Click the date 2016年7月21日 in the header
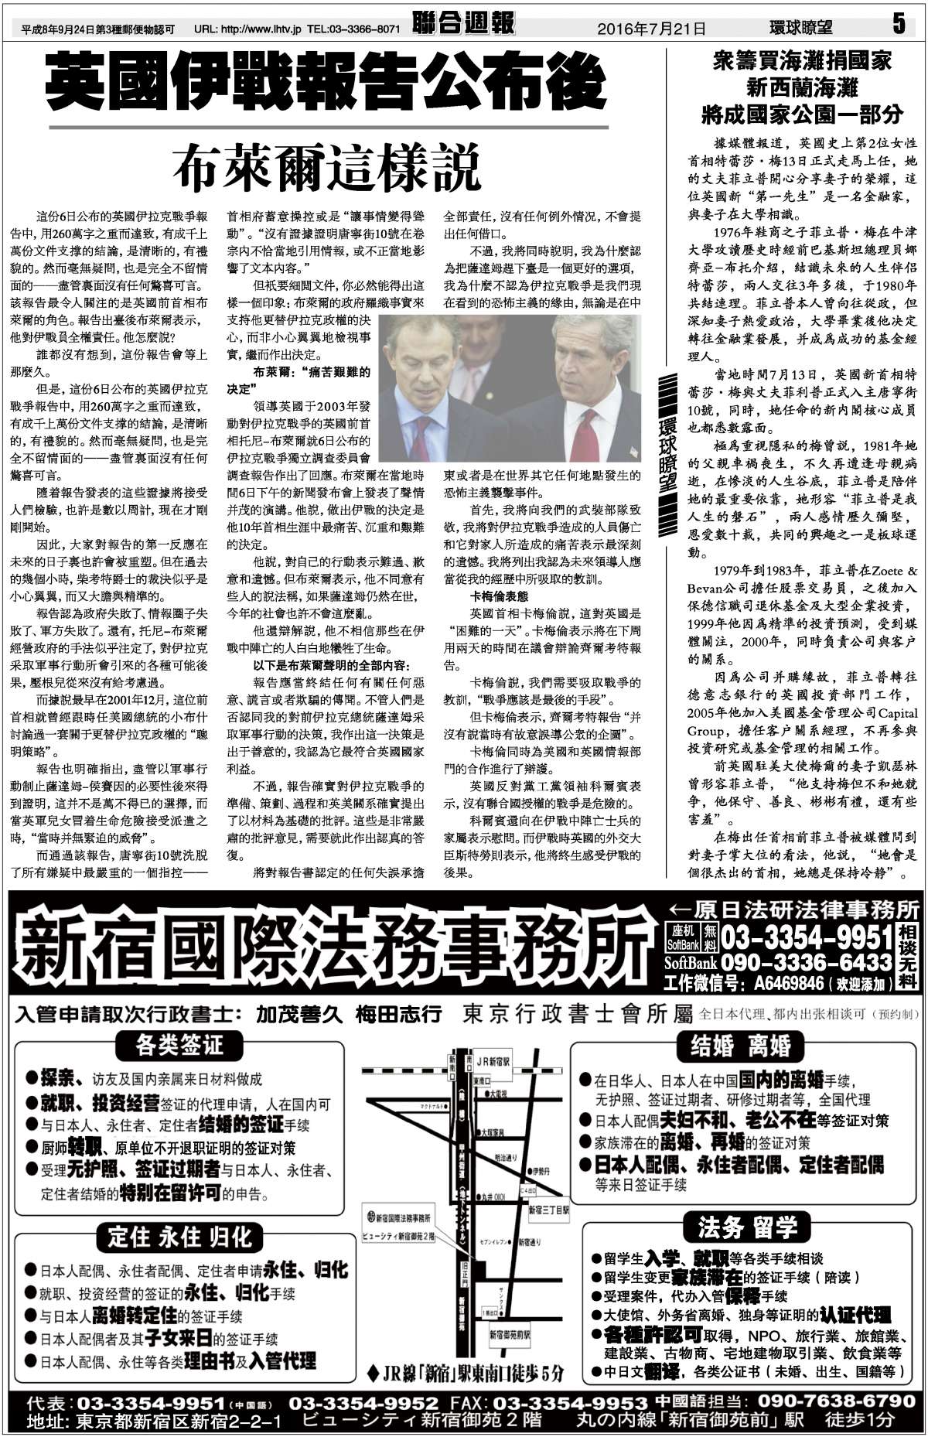coord(651,29)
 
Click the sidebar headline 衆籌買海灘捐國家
coord(802,61)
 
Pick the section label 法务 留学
coord(741,1227)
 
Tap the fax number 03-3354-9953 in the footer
coord(570,1402)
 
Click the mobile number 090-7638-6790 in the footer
coord(836,1401)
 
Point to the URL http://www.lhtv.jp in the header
coord(267,29)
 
